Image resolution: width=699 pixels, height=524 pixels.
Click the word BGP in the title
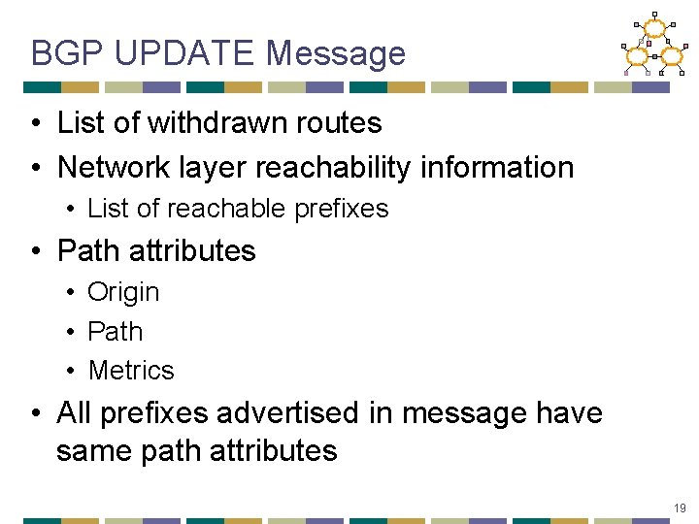(x=66, y=52)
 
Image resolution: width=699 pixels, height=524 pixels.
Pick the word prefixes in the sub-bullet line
(x=346, y=209)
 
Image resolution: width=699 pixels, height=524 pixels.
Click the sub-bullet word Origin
(x=123, y=292)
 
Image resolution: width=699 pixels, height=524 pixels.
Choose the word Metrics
(x=131, y=371)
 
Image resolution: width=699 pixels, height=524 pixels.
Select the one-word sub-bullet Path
(x=115, y=332)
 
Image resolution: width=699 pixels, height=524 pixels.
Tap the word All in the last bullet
(x=75, y=413)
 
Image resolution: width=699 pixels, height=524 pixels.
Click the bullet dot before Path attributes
(x=35, y=251)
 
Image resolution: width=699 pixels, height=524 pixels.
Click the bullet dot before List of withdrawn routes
(x=35, y=124)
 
